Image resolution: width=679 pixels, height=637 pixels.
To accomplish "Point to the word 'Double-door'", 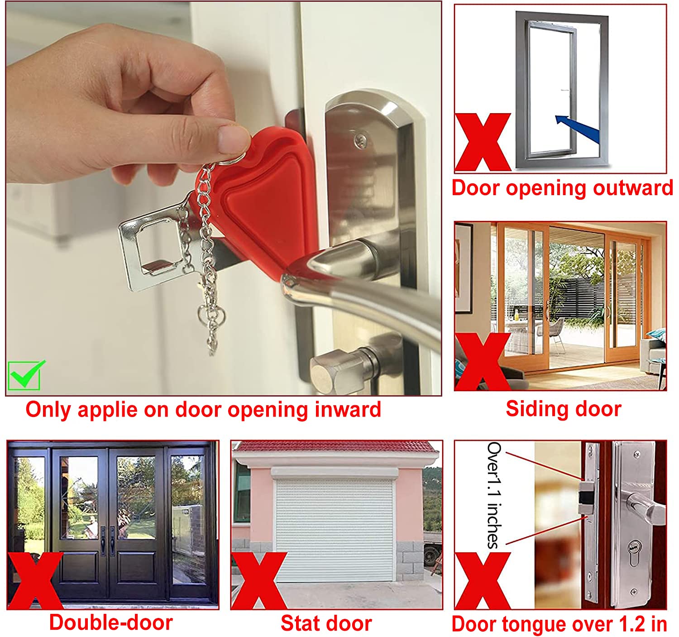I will [111, 623].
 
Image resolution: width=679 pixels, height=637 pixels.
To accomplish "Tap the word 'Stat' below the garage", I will [300, 623].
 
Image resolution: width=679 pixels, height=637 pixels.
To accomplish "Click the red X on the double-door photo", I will [35, 581].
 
